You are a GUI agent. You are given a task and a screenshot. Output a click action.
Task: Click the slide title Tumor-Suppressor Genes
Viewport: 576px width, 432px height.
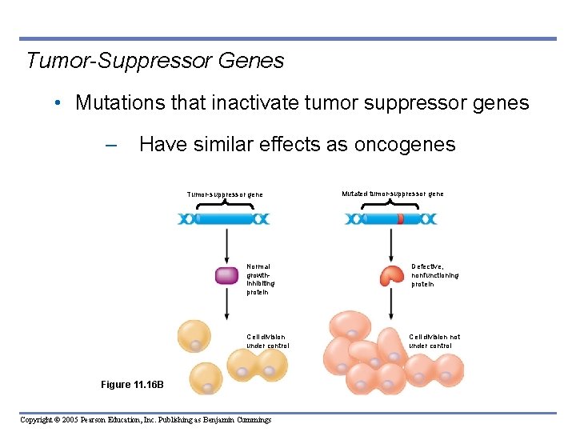(x=155, y=61)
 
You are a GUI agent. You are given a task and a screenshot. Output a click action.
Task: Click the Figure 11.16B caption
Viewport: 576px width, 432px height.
(x=132, y=385)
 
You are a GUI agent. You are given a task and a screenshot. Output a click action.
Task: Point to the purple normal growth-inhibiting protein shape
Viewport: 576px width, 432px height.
(x=227, y=276)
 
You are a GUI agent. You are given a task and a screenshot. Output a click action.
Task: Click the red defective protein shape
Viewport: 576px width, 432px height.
(x=391, y=275)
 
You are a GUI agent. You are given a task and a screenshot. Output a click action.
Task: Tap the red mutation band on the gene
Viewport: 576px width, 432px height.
(x=400, y=218)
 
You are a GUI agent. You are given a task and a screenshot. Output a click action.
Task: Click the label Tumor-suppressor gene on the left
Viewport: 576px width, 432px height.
(x=225, y=194)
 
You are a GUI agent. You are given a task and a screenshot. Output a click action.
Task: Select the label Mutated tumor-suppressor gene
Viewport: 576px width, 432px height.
(x=392, y=194)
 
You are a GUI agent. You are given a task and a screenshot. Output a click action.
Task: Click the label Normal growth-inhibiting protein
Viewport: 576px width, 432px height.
(x=259, y=279)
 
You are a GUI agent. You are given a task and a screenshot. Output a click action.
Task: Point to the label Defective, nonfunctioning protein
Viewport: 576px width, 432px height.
(x=434, y=275)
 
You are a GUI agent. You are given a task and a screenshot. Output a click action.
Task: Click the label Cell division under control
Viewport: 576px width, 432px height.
(x=267, y=342)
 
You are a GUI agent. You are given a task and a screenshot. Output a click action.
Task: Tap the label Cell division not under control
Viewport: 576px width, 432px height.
(x=434, y=342)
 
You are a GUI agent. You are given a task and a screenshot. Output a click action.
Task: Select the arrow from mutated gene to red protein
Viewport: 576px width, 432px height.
(x=390, y=244)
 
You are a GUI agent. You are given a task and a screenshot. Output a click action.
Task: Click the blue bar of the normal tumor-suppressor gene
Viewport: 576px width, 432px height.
(x=224, y=218)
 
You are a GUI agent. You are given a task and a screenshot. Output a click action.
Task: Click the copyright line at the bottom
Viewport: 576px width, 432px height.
(x=146, y=420)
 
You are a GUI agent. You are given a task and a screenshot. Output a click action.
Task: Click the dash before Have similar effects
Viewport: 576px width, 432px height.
(x=110, y=146)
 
